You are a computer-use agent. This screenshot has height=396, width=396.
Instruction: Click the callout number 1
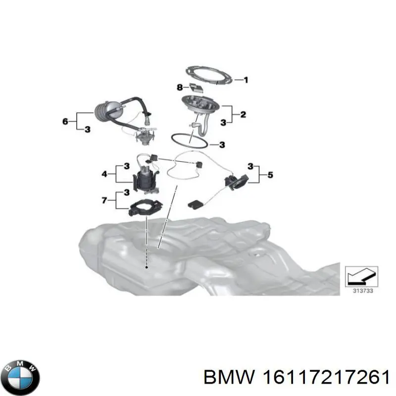coord(246,80)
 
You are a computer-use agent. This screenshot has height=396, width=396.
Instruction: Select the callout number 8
coord(180,88)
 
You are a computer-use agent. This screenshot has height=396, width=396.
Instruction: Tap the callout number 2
coord(243,115)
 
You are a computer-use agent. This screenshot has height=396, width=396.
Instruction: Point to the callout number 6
coord(65,121)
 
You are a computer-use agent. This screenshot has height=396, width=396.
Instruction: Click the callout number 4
coord(104,174)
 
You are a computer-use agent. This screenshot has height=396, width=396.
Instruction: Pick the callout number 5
coord(270,175)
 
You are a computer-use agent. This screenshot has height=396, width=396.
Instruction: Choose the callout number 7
coord(104,200)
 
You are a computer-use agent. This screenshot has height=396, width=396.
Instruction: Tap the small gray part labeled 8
coord(196,88)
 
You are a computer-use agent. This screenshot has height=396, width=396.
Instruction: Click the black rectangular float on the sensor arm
coord(195,204)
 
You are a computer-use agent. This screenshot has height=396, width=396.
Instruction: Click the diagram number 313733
coord(363,291)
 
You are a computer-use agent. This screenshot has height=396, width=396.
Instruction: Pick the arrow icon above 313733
coord(362,277)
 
